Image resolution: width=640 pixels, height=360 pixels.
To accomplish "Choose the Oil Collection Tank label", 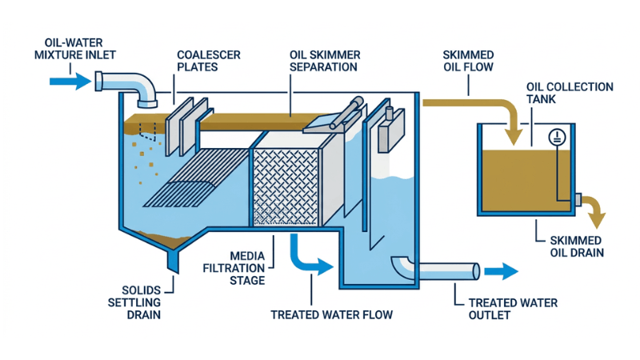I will [x=570, y=93].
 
